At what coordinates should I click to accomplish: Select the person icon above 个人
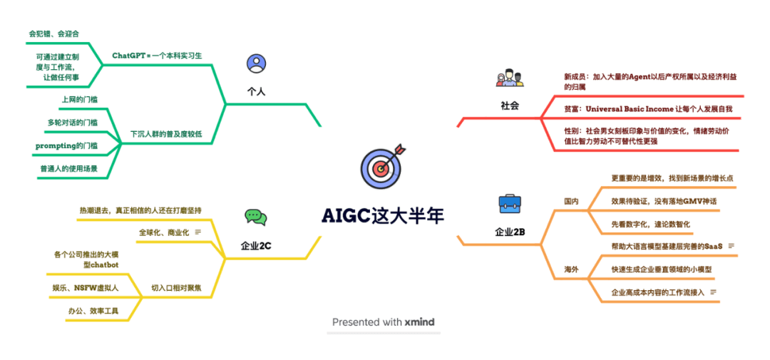[256, 64]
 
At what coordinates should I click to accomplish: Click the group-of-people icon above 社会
[509, 78]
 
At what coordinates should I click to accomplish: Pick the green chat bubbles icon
[255, 217]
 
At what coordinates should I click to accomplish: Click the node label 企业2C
[256, 246]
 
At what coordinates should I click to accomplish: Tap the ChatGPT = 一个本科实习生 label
[157, 55]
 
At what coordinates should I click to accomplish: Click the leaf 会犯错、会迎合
[54, 33]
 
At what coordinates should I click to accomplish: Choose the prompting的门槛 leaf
[67, 145]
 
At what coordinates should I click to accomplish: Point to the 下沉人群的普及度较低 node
[165, 134]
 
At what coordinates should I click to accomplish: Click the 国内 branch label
[571, 201]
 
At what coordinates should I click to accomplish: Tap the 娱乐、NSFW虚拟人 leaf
[85, 287]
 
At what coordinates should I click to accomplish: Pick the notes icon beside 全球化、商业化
[197, 232]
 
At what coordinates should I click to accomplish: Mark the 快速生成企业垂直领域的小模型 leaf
[661, 269]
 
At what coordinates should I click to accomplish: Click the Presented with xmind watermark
[383, 322]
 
